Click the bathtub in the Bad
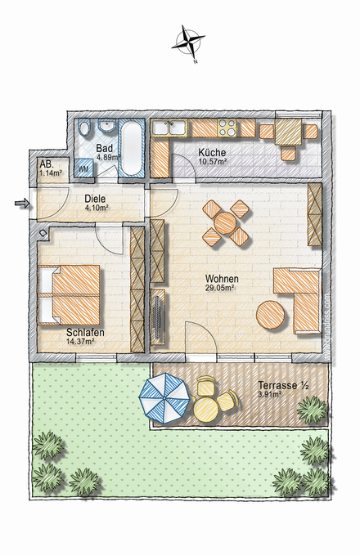(x=131, y=148)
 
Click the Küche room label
(x=210, y=153)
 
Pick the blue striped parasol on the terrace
(x=164, y=398)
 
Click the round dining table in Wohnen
(x=225, y=222)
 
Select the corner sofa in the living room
(x=298, y=294)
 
